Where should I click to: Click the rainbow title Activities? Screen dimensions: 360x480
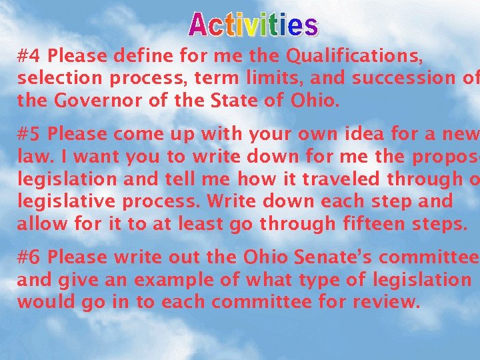point(253,25)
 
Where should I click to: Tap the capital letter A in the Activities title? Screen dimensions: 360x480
point(200,25)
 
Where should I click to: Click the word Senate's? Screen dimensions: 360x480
point(343,256)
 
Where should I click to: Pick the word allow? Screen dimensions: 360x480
point(39,225)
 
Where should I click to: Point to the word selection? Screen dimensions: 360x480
point(60,77)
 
